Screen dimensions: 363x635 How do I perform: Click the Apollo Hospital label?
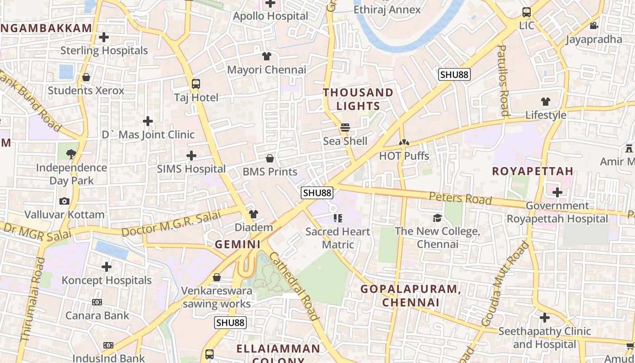click(x=270, y=16)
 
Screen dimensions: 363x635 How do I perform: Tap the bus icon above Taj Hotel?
click(x=196, y=83)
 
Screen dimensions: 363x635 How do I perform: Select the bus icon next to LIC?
click(x=527, y=12)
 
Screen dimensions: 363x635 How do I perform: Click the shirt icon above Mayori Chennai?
click(x=267, y=56)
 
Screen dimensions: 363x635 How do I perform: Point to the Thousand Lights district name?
click(x=358, y=99)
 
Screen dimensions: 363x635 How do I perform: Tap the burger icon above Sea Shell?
click(x=345, y=128)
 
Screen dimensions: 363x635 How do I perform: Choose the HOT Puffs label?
click(x=404, y=156)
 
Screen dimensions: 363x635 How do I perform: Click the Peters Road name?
click(x=460, y=198)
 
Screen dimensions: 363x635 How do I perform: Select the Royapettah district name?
click(x=532, y=171)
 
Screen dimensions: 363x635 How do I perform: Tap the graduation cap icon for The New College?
click(x=437, y=218)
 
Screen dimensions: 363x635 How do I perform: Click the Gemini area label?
click(x=238, y=245)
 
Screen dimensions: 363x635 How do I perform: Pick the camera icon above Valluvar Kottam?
click(x=64, y=201)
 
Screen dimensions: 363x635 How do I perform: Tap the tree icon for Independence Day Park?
click(x=72, y=154)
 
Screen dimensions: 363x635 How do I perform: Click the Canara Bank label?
click(x=97, y=315)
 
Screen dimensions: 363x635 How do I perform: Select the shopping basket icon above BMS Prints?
click(x=270, y=158)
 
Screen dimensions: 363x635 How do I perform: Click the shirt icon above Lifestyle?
click(x=546, y=102)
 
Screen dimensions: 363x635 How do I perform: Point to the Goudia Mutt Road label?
click(x=505, y=284)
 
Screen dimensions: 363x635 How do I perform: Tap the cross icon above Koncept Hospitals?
click(x=107, y=267)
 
